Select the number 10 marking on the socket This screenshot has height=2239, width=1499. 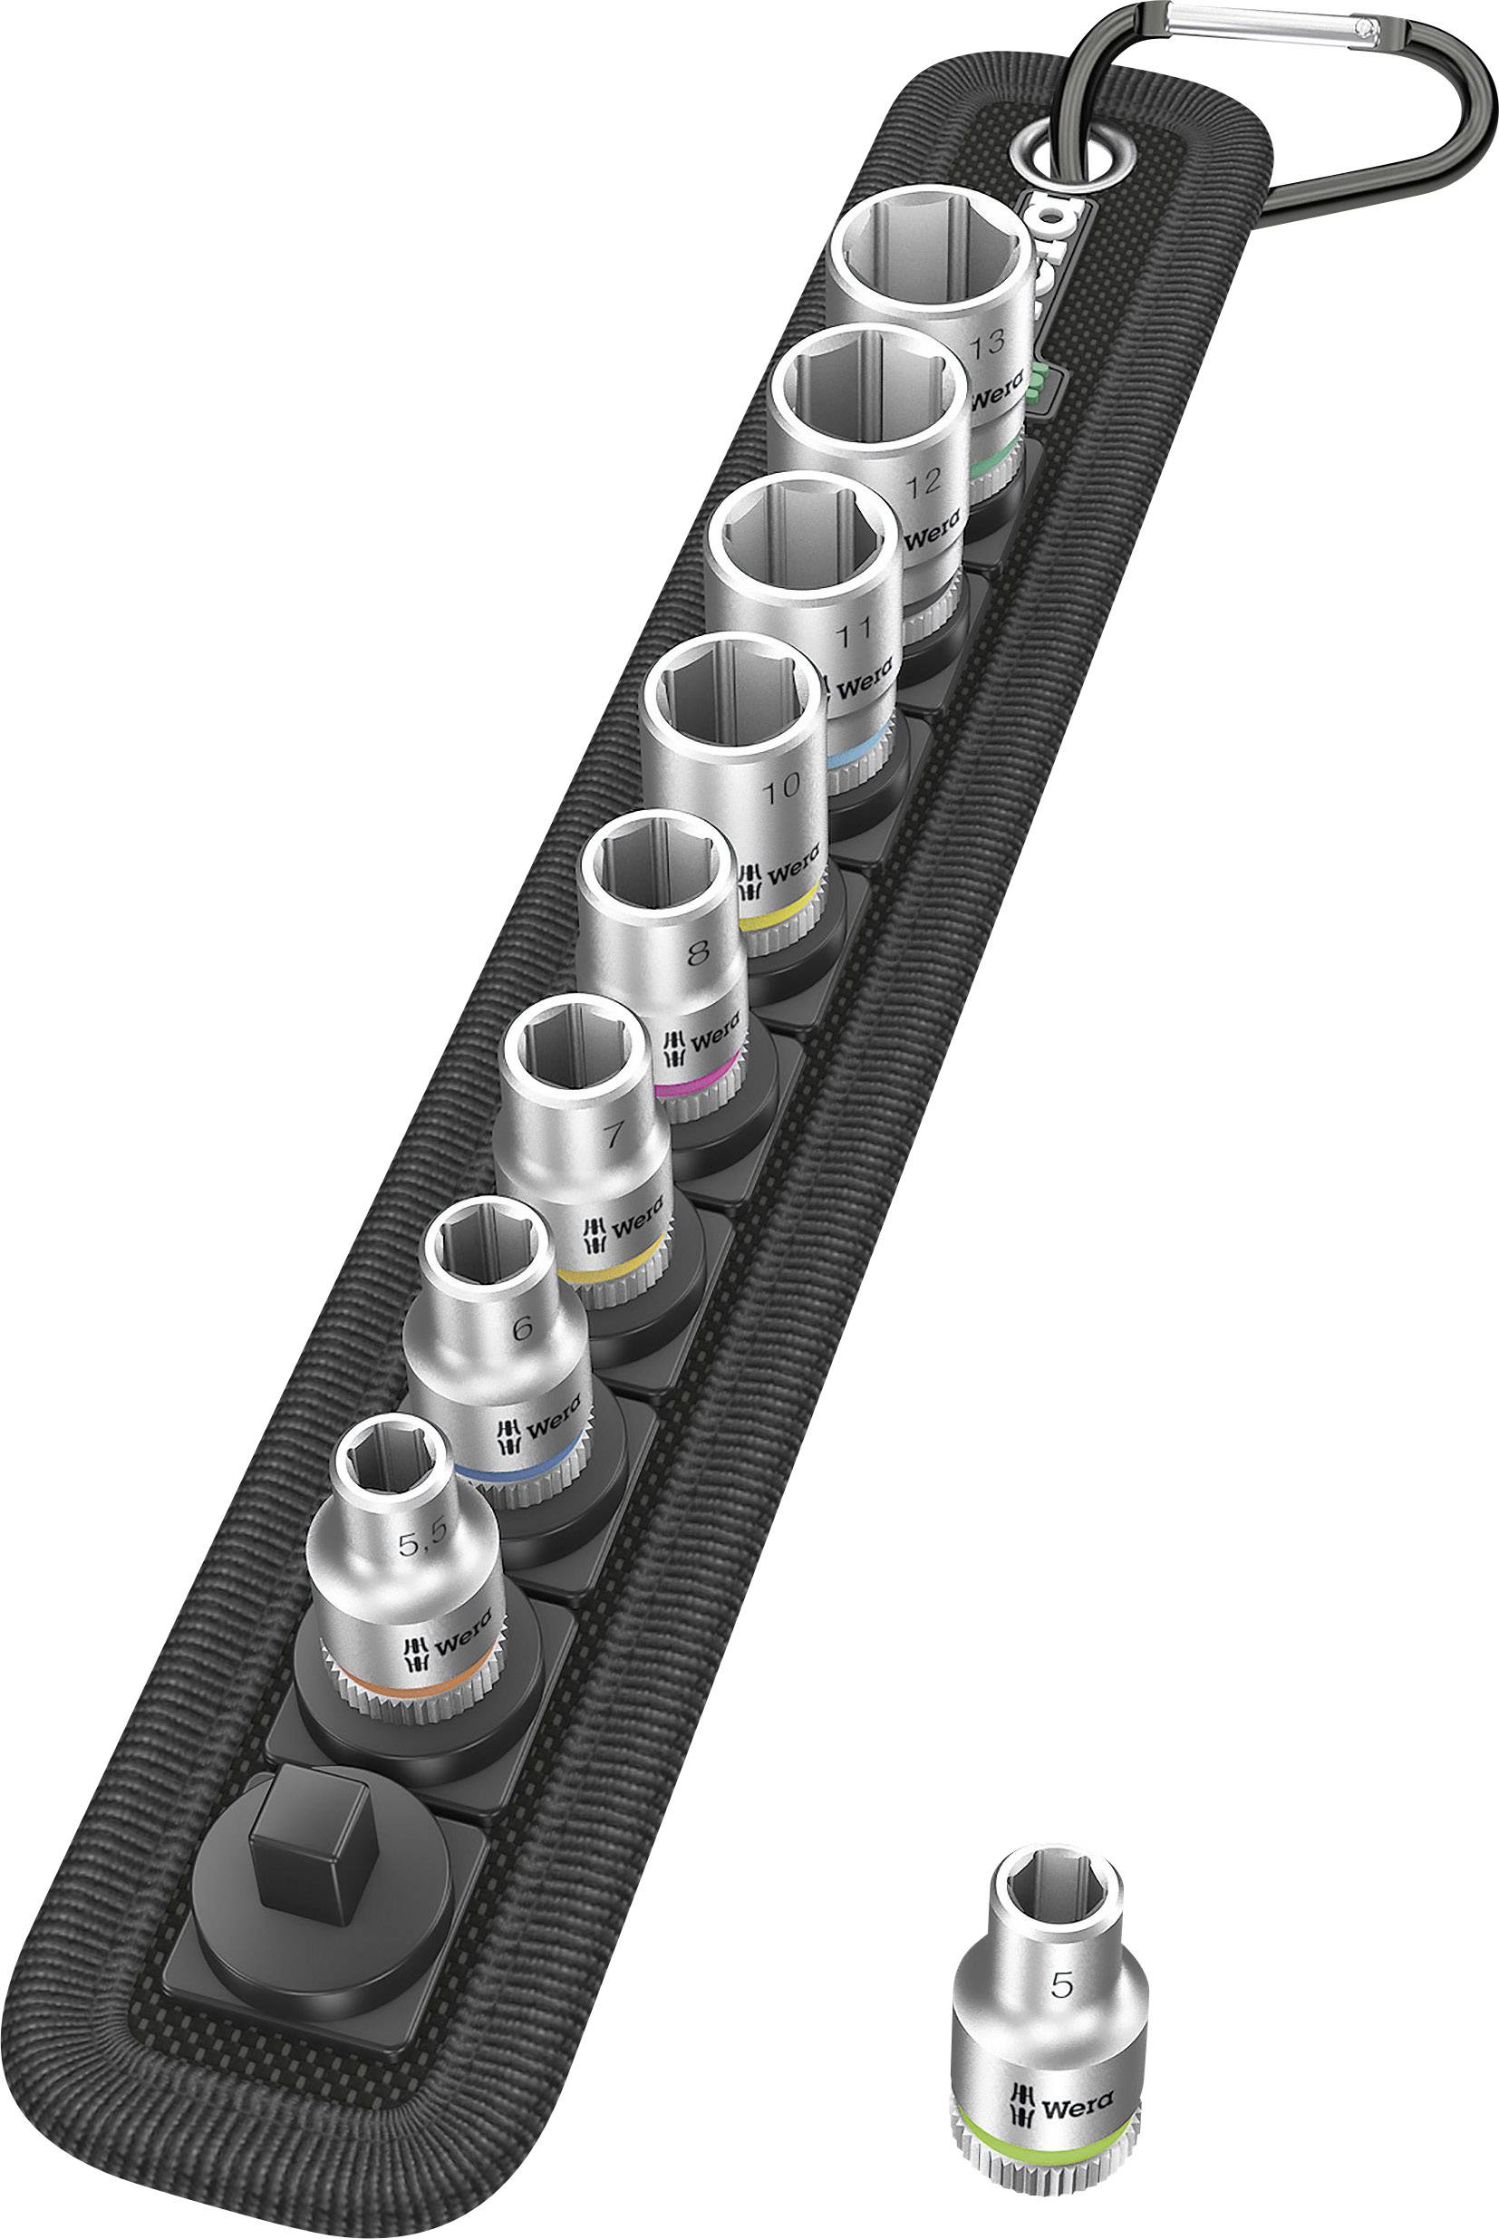pyautogui.click(x=782, y=787)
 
